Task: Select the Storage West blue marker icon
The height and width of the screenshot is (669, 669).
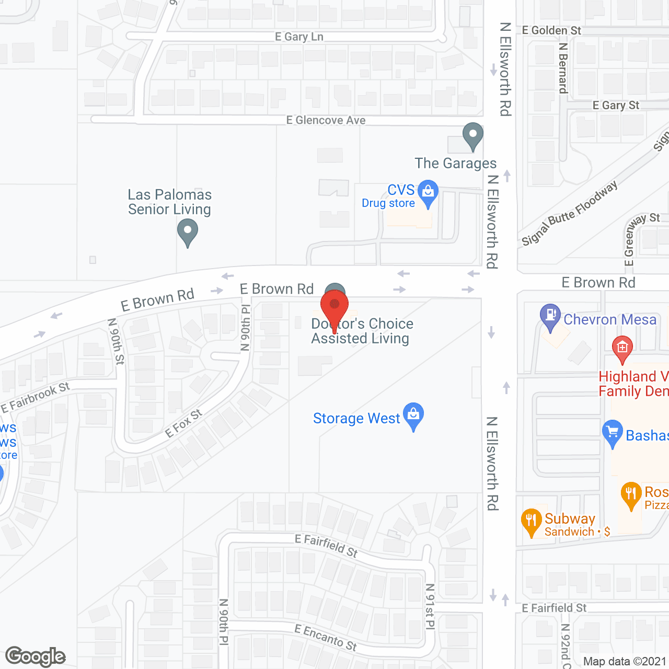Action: pyautogui.click(x=413, y=415)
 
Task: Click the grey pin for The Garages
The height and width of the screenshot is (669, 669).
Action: pyautogui.click(x=473, y=135)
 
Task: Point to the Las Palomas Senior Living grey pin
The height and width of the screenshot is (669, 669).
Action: pyautogui.click(x=187, y=231)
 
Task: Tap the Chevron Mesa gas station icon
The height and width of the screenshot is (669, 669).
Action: pyautogui.click(x=550, y=316)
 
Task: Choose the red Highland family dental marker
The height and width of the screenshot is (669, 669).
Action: pyautogui.click(x=622, y=348)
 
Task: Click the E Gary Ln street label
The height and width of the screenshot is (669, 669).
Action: pyautogui.click(x=299, y=37)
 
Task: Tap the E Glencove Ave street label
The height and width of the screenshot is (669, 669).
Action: pyautogui.click(x=326, y=120)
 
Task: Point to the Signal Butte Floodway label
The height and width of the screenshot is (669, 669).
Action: pyautogui.click(x=570, y=213)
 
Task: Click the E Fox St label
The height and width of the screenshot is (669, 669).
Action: pyautogui.click(x=183, y=424)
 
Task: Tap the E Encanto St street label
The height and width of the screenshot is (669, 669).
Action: pyautogui.click(x=326, y=637)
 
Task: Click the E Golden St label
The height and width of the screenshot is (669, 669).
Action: pyautogui.click(x=551, y=30)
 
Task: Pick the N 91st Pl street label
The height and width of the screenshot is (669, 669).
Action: pyautogui.click(x=430, y=606)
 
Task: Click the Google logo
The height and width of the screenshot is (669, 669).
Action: pyautogui.click(x=36, y=656)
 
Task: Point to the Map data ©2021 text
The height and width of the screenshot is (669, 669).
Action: pyautogui.click(x=625, y=662)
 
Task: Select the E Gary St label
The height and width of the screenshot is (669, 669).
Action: pyautogui.click(x=616, y=105)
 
